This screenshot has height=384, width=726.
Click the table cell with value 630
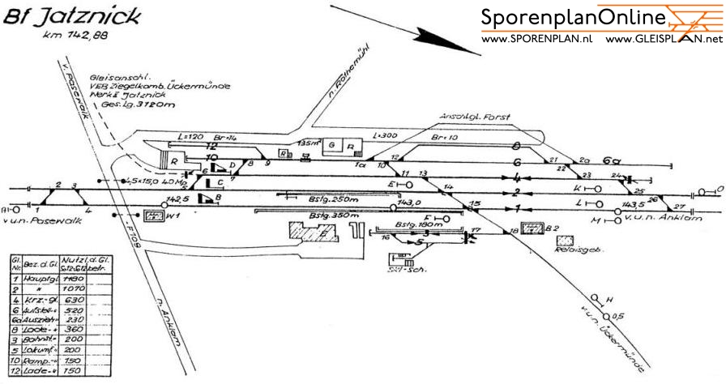coord(75,301)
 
